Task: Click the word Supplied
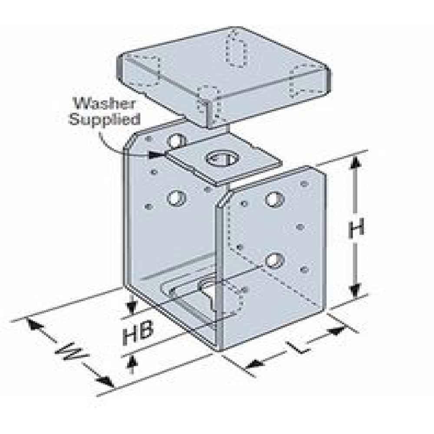(x=105, y=119)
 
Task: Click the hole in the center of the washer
(x=223, y=158)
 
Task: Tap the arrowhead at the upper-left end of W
(x=34, y=325)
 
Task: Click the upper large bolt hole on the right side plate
(x=275, y=199)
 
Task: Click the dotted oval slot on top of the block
(x=236, y=49)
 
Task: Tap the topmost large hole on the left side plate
(x=177, y=140)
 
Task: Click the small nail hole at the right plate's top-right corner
(x=305, y=184)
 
